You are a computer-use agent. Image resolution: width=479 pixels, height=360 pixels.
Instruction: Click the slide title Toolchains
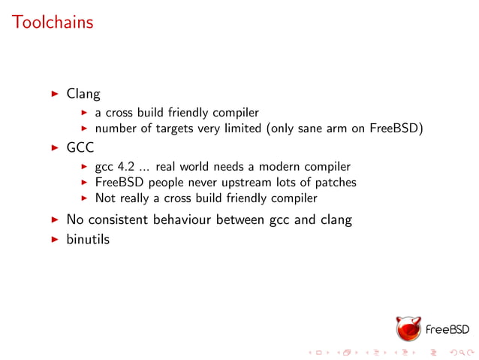pyautogui.click(x=53, y=23)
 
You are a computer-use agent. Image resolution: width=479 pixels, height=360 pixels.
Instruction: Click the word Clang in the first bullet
pyautogui.click(x=83, y=95)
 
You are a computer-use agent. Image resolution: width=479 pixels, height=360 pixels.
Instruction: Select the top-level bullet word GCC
pyautogui.click(x=80, y=148)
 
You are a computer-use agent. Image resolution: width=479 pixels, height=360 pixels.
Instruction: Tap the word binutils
pyautogui.click(x=88, y=241)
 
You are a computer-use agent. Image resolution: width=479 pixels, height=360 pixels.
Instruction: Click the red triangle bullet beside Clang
pyautogui.click(x=54, y=95)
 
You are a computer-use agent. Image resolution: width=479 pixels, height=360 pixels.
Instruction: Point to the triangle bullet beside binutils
pyautogui.click(x=54, y=241)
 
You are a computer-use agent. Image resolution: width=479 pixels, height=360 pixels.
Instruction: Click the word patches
pyautogui.click(x=336, y=183)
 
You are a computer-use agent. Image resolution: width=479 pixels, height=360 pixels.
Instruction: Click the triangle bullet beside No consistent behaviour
pyautogui.click(x=54, y=220)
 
